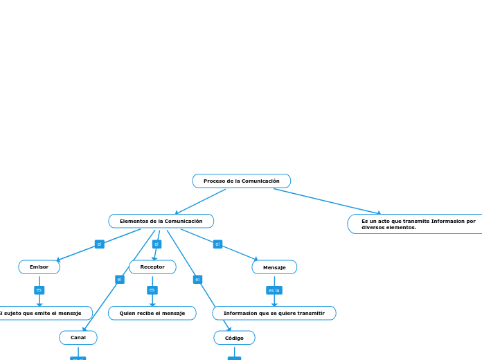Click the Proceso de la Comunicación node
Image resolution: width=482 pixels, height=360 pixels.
[x=241, y=181]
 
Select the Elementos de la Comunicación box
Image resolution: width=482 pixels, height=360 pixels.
[x=161, y=221]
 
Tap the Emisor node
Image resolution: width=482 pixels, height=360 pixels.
[x=39, y=267]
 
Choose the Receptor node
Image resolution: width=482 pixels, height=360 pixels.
[x=152, y=267]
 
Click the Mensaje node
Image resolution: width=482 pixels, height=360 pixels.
[x=274, y=267]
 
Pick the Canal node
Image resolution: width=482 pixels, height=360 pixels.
[x=78, y=337]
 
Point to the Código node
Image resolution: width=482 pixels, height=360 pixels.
[x=234, y=338]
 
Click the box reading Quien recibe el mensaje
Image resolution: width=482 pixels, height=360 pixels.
[x=152, y=313]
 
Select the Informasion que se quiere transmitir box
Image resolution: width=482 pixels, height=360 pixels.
[x=274, y=313]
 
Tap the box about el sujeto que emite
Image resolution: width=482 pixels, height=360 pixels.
[x=42, y=313]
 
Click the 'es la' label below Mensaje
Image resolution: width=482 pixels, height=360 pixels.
[x=274, y=290]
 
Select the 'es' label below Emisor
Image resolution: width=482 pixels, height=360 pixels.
[x=39, y=289]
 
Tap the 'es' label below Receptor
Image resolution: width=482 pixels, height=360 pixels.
[x=152, y=289]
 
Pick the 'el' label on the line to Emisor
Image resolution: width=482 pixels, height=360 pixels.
[x=99, y=244]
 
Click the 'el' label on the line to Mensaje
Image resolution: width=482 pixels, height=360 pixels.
[x=217, y=244]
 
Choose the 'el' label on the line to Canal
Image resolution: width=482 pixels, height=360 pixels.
[x=119, y=280]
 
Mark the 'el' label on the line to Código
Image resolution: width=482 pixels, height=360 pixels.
[x=197, y=280]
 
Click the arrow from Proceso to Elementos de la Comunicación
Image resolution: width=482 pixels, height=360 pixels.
[x=200, y=201]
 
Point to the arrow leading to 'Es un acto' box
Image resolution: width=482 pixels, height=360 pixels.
[x=327, y=201]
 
